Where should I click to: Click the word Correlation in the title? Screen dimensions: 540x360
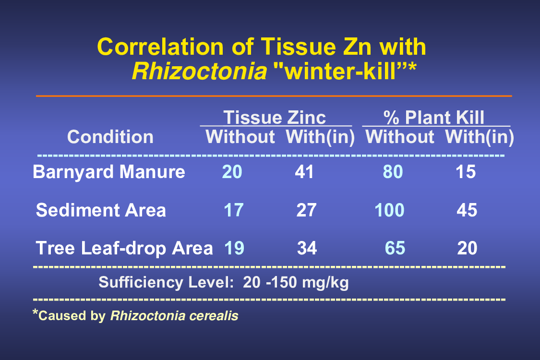pyautogui.click(x=160, y=47)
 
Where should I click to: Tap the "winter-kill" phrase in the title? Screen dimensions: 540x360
pyautogui.click(x=344, y=72)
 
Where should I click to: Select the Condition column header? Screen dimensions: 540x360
pyautogui.click(x=110, y=137)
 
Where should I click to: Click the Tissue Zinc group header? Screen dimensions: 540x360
pyautogui.click(x=275, y=118)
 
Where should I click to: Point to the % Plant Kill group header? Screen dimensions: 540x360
pyautogui.click(x=434, y=118)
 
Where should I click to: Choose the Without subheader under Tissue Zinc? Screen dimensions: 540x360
pyautogui.click(x=240, y=137)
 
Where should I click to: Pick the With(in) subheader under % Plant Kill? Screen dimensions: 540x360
pyautogui.click(x=480, y=137)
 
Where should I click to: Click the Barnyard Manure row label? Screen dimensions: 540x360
pyautogui.click(x=109, y=172)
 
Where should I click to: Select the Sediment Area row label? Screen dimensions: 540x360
pyautogui.click(x=101, y=210)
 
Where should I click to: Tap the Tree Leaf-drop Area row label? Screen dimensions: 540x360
pyautogui.click(x=124, y=248)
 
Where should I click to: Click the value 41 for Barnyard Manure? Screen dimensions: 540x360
pyautogui.click(x=304, y=172)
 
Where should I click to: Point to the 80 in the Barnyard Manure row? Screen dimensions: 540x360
pyautogui.click(x=393, y=172)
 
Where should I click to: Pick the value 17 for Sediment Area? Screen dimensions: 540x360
pyautogui.click(x=233, y=210)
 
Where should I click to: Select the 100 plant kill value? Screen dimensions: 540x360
pyautogui.click(x=389, y=210)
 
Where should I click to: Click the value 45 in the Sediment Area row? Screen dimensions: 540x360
pyautogui.click(x=467, y=210)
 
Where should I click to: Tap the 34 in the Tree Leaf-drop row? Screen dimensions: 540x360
pyautogui.click(x=307, y=248)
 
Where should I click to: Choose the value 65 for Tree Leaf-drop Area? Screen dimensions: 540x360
pyautogui.click(x=395, y=248)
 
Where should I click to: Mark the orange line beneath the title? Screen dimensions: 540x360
pyautogui.click(x=274, y=96)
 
